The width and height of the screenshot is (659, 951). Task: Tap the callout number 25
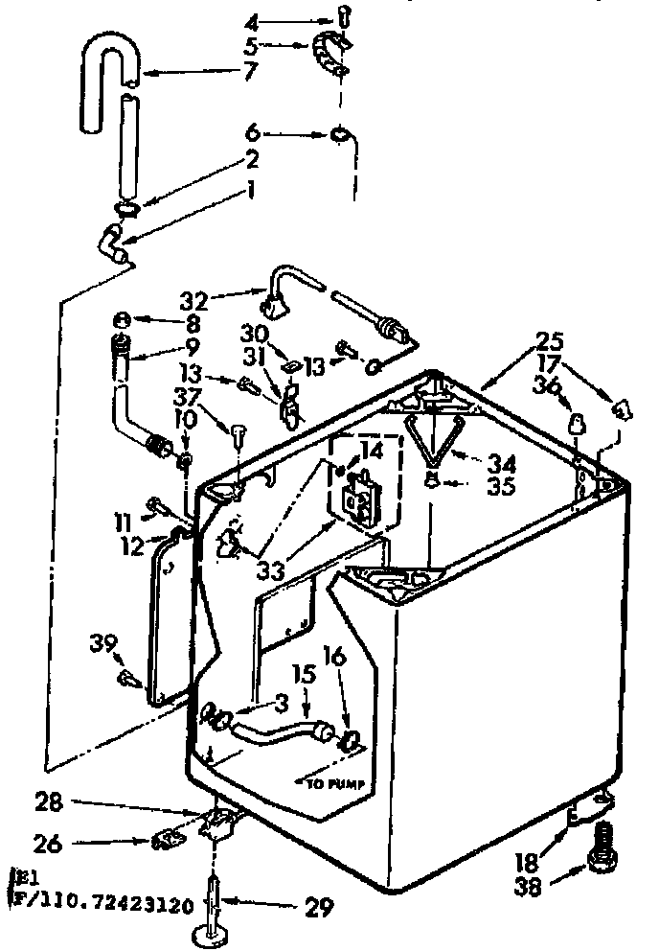551,340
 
